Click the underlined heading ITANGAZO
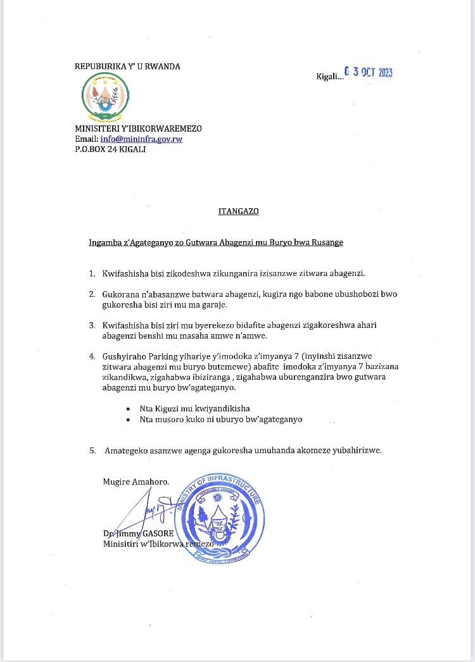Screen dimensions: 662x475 pos(234,211)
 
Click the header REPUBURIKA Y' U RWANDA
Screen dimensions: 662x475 pos(127,66)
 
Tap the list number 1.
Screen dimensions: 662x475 pos(92,273)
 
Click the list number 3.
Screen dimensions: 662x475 pos(92,324)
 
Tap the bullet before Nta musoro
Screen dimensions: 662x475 pos(129,419)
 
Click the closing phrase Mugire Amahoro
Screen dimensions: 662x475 pos(136,482)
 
